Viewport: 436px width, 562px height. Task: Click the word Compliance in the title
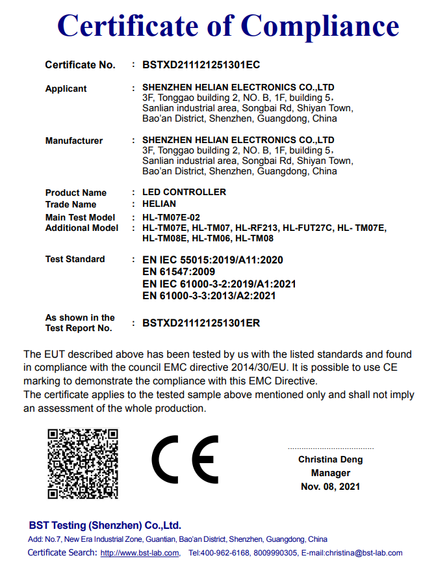(x=320, y=26)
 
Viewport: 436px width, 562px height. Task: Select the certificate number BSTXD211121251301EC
(x=201, y=65)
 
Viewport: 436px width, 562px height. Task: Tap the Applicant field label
(x=66, y=88)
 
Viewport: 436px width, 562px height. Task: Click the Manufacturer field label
(x=74, y=140)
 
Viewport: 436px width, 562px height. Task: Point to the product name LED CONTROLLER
(x=184, y=193)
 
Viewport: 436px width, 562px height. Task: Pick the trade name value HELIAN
(x=159, y=204)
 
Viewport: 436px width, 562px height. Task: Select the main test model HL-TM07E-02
(x=171, y=217)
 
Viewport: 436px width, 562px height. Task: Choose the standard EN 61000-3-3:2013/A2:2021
(x=209, y=296)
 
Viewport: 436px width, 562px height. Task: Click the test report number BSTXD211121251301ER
(x=201, y=323)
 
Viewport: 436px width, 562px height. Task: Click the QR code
(x=83, y=462)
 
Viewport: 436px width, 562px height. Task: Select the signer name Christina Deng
(x=331, y=460)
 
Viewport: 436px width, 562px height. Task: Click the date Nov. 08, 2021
(x=331, y=487)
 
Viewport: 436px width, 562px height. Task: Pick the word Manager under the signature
(x=331, y=474)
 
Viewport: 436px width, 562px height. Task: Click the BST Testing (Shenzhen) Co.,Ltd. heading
(x=105, y=526)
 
